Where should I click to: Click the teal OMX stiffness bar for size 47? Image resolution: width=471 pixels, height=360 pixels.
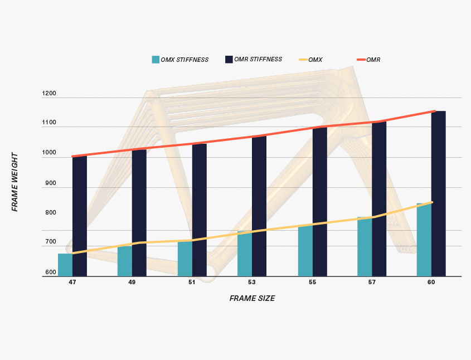tap(65, 265)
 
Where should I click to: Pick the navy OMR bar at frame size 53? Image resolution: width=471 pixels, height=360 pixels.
tap(259, 206)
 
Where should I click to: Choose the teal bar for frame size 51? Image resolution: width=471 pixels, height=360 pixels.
tap(184, 259)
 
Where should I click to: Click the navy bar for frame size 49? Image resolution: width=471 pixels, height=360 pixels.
tap(139, 212)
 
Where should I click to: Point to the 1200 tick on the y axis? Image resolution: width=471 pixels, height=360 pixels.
tap(49, 94)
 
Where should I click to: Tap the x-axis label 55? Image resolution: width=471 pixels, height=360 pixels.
tap(312, 283)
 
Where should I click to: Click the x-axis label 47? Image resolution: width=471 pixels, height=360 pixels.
tap(72, 283)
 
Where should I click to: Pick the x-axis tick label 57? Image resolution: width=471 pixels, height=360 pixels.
tap(372, 283)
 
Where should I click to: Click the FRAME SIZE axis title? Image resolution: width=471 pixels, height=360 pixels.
tap(252, 299)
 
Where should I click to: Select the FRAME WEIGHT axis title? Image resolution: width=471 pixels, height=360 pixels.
tap(15, 182)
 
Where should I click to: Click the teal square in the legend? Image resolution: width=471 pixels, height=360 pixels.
tap(156, 60)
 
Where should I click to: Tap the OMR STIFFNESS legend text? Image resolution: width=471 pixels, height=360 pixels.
tap(258, 59)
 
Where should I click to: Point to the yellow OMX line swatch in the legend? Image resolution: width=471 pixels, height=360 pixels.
tap(303, 60)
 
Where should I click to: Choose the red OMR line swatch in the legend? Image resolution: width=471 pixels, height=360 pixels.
tap(361, 60)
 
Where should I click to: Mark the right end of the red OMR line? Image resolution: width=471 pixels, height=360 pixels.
tap(434, 111)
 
